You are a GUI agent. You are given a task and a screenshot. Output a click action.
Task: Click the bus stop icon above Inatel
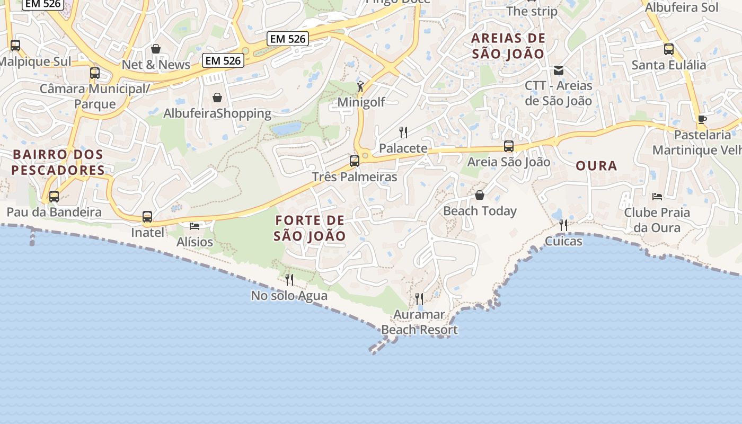[x=147, y=217]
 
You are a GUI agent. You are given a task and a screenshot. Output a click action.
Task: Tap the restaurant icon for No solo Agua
[x=289, y=279]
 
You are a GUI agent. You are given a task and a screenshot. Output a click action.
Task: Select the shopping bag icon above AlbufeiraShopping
[x=217, y=98]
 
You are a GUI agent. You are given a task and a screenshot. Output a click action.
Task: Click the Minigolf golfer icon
[x=361, y=86]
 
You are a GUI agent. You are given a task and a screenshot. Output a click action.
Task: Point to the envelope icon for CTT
[x=559, y=70]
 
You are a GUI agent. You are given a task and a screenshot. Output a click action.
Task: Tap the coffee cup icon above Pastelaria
[x=702, y=119]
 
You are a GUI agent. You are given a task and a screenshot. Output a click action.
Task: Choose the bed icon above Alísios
[x=195, y=226]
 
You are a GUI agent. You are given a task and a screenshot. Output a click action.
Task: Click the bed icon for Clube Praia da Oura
[x=657, y=197]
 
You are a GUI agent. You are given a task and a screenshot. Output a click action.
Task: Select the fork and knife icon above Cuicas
[x=563, y=225]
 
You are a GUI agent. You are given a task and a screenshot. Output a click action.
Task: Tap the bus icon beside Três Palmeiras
[x=355, y=161]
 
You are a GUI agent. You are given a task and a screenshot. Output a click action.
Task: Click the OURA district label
[x=596, y=166]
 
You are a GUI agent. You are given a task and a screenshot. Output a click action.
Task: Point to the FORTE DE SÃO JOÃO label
[x=310, y=228]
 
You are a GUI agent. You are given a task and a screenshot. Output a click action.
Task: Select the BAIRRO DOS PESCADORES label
[x=58, y=162]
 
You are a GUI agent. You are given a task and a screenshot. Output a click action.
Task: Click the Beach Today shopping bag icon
[x=480, y=195]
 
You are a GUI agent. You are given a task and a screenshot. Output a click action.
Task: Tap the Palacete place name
[x=403, y=148]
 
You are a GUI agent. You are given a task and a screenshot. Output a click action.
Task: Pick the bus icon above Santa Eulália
[x=669, y=49]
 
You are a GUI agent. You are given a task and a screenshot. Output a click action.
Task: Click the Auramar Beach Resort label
[x=419, y=322]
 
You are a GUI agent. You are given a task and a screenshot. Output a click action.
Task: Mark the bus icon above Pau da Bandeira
[x=54, y=197]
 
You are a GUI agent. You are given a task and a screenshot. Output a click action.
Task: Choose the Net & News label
[x=156, y=65]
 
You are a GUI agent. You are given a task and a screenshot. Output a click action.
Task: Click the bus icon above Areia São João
[x=509, y=146]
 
